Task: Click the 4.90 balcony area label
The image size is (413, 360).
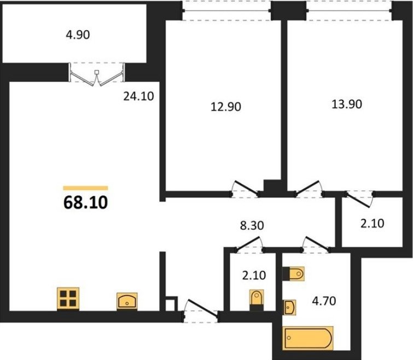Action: [x=78, y=35]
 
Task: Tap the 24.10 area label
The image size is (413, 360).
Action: [x=138, y=96]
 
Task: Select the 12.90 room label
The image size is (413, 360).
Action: [x=226, y=107]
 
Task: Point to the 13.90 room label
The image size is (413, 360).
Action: [x=347, y=104]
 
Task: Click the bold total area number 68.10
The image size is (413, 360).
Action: [x=85, y=202]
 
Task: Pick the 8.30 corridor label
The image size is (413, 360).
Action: [x=252, y=226]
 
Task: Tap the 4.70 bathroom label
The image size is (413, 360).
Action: [x=324, y=301]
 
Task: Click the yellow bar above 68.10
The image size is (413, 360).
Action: [x=85, y=188]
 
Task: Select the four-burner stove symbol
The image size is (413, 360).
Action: [x=68, y=299]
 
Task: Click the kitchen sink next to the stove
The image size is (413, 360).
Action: [x=127, y=301]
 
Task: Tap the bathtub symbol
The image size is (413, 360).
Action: [x=307, y=338]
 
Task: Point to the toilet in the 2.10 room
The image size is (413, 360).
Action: [x=257, y=300]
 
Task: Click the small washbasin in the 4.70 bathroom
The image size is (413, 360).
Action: [x=289, y=307]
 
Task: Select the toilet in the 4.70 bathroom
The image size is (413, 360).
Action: [x=293, y=274]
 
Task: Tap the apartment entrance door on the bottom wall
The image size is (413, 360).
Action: [x=201, y=311]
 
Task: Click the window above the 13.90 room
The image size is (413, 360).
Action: [x=350, y=10]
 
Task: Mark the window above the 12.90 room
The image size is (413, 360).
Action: [x=226, y=10]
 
